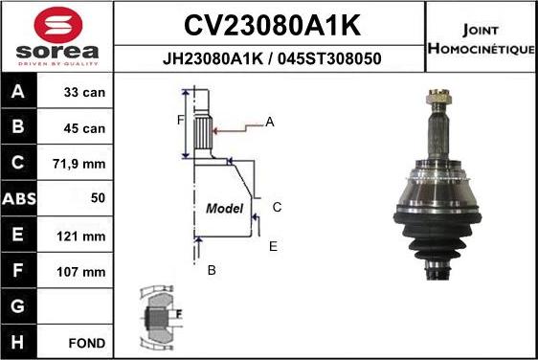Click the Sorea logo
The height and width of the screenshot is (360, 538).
pyautogui.click(x=57, y=37)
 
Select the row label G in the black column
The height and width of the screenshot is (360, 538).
pyautogui.click(x=19, y=306)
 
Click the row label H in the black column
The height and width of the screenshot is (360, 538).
pyautogui.click(x=19, y=342)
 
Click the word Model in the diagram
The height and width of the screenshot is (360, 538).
pyautogui.click(x=224, y=208)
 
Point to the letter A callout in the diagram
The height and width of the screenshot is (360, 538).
pyautogui.click(x=270, y=122)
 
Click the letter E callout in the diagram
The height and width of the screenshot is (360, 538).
pyautogui.click(x=273, y=246)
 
